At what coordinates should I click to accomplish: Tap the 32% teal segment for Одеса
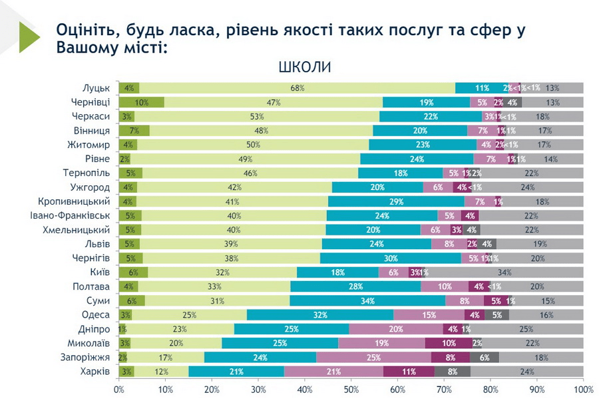pyautogui.click(x=320, y=314)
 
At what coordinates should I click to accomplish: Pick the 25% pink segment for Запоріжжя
pyautogui.click(x=373, y=357)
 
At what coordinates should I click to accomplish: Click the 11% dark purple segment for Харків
pyautogui.click(x=409, y=371)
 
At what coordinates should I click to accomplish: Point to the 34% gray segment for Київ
pyautogui.click(x=504, y=272)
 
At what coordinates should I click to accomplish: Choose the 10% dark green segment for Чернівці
pyautogui.click(x=142, y=102)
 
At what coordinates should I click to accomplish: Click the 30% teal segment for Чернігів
pyautogui.click(x=391, y=258)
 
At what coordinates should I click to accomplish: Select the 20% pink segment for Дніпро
pyautogui.click(x=396, y=329)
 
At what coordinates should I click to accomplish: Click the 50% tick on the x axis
pyautogui.click(x=351, y=388)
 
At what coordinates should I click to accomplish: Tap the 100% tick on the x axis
pyautogui.click(x=583, y=388)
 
